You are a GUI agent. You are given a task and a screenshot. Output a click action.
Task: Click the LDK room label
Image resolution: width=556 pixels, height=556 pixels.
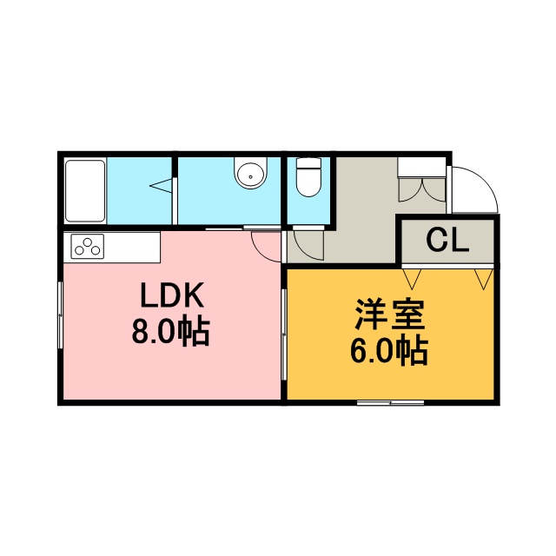tap(172, 295)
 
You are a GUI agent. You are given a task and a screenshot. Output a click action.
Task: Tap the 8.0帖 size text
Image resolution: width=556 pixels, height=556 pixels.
tap(170, 330)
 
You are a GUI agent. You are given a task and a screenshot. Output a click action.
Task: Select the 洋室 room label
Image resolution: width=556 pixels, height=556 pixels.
tap(390, 314)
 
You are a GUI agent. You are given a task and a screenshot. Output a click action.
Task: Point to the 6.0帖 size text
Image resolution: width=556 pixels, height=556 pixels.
tap(389, 349)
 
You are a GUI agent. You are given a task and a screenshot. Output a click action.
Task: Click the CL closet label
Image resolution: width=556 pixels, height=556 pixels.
tap(447, 240)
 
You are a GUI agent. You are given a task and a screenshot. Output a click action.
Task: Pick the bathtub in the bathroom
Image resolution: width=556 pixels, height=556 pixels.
tap(85, 191)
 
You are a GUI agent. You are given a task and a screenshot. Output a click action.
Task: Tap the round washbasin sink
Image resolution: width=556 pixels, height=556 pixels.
tap(250, 175)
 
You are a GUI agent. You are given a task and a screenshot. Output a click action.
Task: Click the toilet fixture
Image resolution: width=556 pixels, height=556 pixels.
tap(308, 176)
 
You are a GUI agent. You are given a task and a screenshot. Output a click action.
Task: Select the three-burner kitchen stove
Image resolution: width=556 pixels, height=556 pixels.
tap(87, 246)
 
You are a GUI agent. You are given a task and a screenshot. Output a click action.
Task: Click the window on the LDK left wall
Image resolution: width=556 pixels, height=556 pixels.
tap(60, 314)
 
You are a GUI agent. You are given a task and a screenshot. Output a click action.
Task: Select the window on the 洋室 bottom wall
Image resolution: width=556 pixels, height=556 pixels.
tap(390, 402)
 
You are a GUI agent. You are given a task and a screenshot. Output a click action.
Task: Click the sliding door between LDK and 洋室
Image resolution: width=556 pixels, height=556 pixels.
tap(284, 334)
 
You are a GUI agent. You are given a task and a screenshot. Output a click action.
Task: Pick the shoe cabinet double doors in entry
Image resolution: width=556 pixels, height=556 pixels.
tap(422, 189)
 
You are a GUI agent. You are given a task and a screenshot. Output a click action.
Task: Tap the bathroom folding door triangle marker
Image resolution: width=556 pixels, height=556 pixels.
tap(162, 185)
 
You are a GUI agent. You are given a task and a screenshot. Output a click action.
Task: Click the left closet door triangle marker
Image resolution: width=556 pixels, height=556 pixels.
tap(412, 279)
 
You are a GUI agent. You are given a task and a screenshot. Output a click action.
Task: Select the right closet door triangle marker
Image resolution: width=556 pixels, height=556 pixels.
tap(484, 279)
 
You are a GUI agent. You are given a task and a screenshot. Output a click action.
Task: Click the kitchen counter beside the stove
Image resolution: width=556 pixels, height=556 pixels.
tap(131, 247)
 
